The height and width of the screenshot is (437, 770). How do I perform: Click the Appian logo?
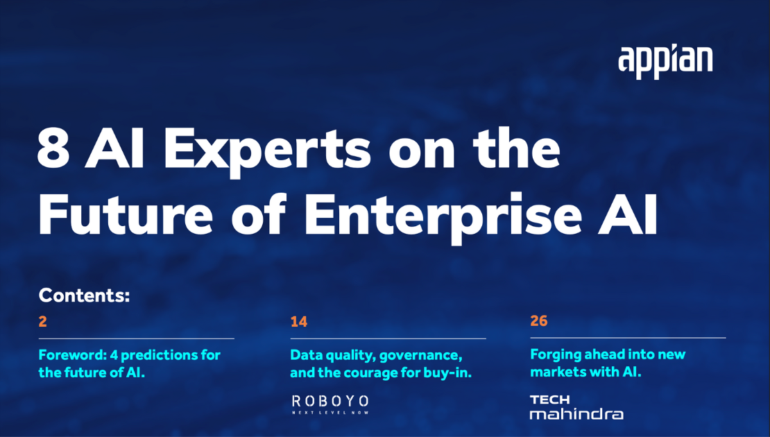pos(665,61)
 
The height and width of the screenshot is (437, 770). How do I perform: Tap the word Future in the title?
pos(126,215)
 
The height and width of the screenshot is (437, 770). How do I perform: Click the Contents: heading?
pos(84,295)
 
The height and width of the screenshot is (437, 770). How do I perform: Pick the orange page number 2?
pos(43,322)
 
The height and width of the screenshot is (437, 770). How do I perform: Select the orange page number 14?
pos(298,322)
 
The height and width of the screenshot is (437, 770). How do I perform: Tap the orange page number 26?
pos(539,321)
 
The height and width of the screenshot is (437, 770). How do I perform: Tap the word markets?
pos(556,372)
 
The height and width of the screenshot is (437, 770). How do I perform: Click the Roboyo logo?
pos(330,404)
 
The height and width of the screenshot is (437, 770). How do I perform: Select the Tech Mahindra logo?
pos(576,407)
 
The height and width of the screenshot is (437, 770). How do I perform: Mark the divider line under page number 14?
pos(388,339)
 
